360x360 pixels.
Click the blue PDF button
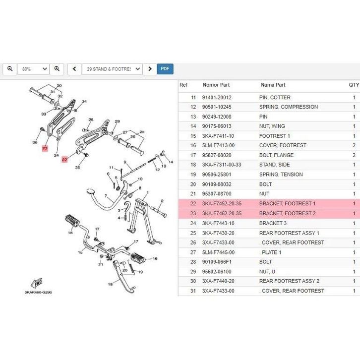point(165,69)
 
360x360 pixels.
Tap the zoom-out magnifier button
point(10,69)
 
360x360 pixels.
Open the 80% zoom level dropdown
point(33,69)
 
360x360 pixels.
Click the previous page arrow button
point(74,69)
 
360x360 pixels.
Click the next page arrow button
point(150,69)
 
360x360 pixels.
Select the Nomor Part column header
point(217,85)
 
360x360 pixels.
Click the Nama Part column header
point(273,85)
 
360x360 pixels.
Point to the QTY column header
point(354,85)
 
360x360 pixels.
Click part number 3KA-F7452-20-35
point(222,204)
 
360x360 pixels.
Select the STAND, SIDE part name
point(275,165)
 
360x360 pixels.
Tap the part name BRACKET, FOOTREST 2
point(287,214)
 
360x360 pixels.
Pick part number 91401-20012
point(217,98)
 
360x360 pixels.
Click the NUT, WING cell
point(272,126)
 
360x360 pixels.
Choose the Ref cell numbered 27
point(193,252)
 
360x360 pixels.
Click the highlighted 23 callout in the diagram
point(45,148)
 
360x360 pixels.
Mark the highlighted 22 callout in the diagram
point(64,159)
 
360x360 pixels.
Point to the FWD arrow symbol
point(36,283)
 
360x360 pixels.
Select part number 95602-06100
point(217,272)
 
